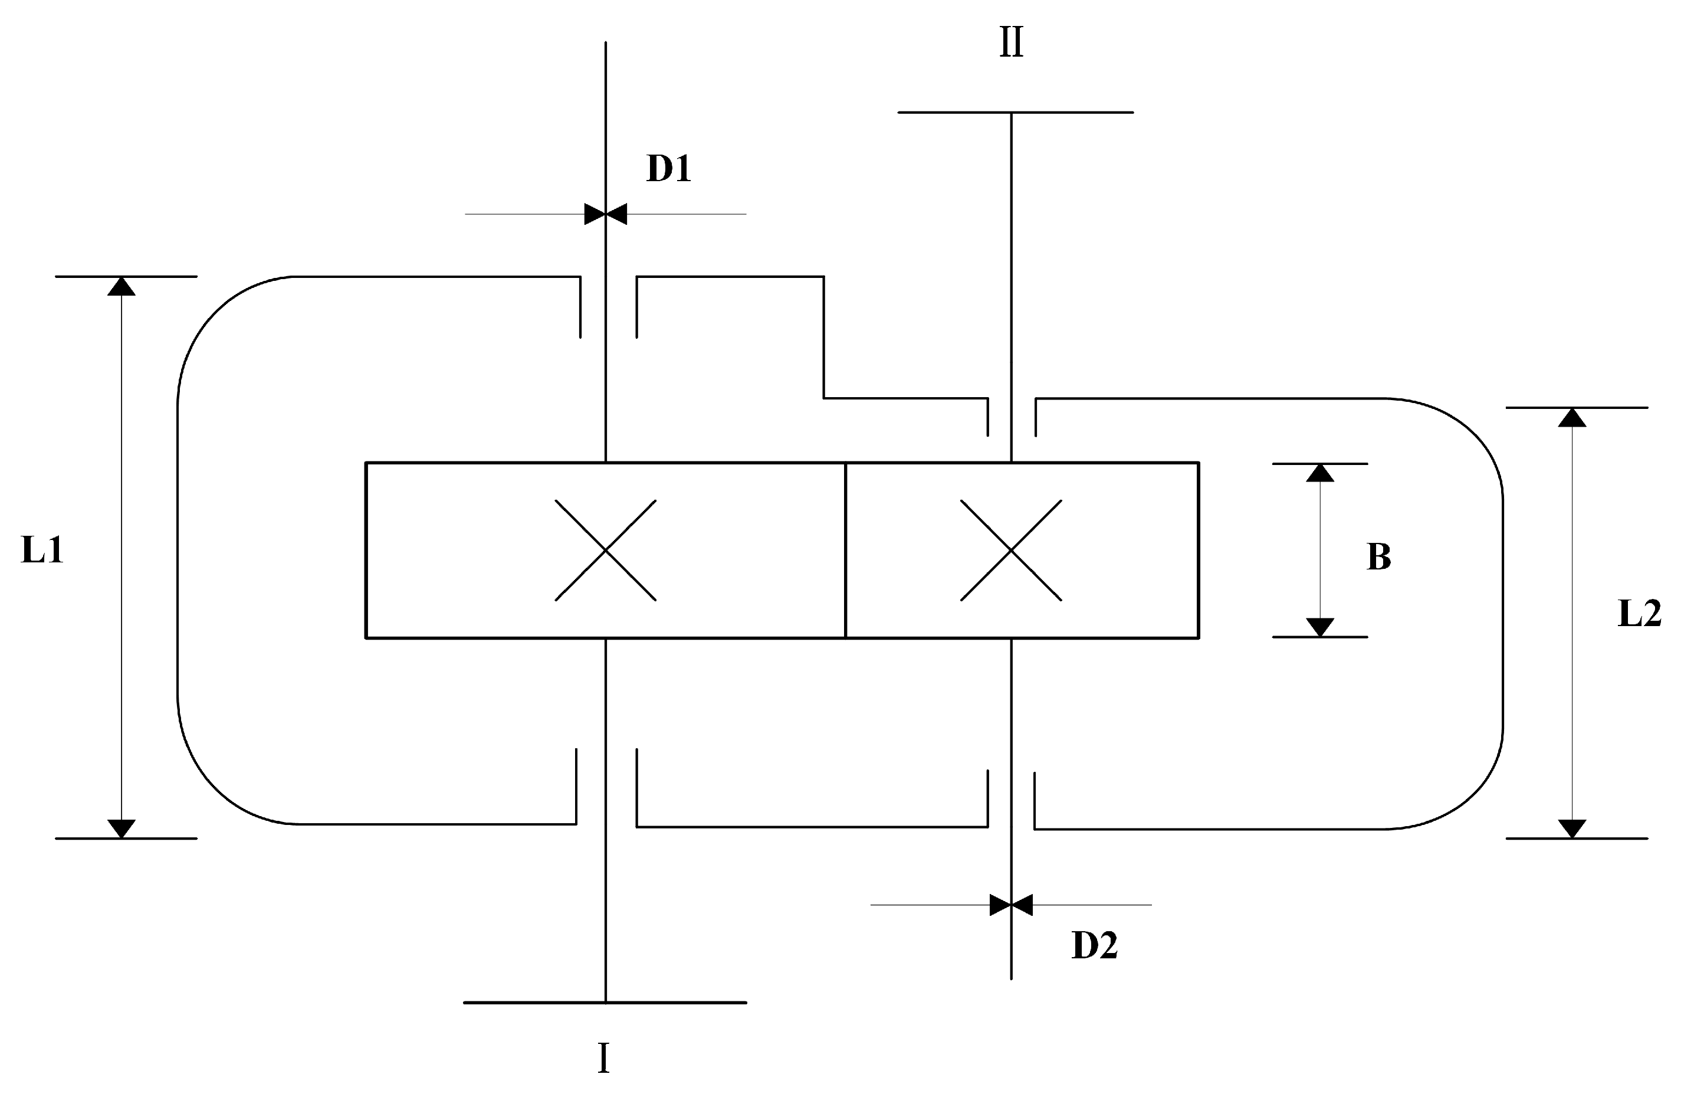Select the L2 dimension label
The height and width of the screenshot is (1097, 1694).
pos(1639,614)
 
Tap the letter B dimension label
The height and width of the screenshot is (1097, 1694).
pos(1378,556)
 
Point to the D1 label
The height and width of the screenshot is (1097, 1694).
pos(668,169)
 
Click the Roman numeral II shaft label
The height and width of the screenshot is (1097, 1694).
pos(1011,42)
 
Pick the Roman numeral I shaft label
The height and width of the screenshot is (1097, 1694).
pos(603,1059)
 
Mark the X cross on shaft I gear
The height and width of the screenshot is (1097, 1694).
pos(606,551)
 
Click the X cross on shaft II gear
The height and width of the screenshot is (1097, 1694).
pos(1011,551)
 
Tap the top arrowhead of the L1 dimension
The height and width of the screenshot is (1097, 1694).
pos(122,286)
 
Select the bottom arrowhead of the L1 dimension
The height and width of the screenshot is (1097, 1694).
pos(122,828)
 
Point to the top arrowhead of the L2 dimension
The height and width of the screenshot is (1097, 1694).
pos(1572,418)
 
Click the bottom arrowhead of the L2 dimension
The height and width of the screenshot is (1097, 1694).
pos(1572,829)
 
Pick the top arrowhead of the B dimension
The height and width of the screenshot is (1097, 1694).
pos(1319,473)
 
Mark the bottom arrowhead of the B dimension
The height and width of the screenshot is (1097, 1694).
pos(1319,627)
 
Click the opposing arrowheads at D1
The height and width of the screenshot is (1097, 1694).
pos(606,214)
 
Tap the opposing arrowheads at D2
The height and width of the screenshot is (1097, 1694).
pos(1011,905)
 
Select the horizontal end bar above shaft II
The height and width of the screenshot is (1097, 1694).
pos(1015,113)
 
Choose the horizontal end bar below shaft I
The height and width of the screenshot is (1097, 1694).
pos(605,1003)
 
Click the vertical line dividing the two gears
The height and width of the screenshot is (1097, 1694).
pos(846,551)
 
